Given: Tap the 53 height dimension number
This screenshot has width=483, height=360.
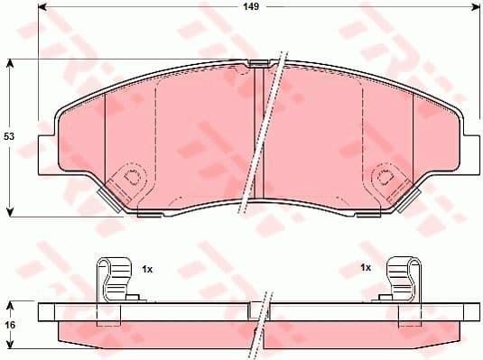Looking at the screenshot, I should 9,135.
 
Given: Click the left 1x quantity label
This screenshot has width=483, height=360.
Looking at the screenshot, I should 148,268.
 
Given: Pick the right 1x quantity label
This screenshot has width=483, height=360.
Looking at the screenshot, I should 366,268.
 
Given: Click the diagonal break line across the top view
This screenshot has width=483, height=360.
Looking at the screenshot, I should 265,135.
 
